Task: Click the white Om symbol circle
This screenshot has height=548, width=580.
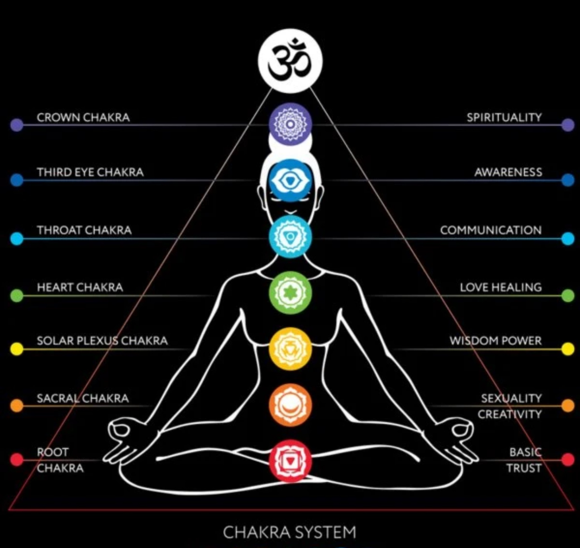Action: point(290,60)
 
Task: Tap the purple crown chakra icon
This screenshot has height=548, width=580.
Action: point(290,124)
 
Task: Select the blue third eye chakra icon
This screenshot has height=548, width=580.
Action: point(290,181)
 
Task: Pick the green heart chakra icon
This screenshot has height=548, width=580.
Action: point(290,293)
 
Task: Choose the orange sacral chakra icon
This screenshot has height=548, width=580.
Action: point(290,405)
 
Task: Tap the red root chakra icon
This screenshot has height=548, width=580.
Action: point(290,461)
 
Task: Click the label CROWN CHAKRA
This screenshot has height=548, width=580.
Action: point(83,118)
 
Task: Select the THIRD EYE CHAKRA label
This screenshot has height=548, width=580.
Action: point(90,172)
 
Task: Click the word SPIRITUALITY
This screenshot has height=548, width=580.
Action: point(504,118)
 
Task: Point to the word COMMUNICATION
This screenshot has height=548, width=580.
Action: point(491,231)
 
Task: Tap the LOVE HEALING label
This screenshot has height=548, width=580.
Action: point(501,287)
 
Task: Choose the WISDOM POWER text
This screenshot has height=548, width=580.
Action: point(496,341)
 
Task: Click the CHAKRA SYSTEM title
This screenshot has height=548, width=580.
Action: point(290,532)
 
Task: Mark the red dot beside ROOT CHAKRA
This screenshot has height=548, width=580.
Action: point(17,460)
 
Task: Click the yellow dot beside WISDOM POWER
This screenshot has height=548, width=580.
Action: point(568,349)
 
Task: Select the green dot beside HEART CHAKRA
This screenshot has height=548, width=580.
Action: point(17,296)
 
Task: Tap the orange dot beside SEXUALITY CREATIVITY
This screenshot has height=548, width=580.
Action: point(568,405)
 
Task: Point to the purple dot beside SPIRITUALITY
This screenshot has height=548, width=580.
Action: point(568,125)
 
